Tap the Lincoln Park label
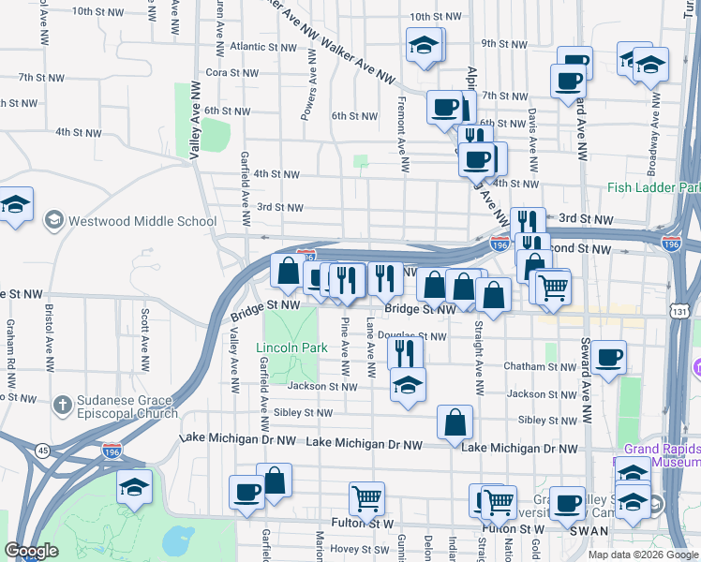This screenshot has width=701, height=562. [x=291, y=348]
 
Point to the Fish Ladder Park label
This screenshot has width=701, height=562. [x=652, y=188]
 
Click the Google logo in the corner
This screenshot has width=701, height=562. [x=31, y=551]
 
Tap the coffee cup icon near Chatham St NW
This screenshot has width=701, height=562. [x=608, y=357]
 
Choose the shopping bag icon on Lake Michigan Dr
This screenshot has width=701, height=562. [x=455, y=421]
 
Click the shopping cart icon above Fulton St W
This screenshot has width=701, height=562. [x=365, y=497]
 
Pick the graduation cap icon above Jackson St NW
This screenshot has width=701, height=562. [x=407, y=384]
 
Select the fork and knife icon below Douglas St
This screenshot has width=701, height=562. [x=404, y=352]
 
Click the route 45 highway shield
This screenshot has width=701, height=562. [x=43, y=450]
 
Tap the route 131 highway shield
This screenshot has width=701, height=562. [x=680, y=310]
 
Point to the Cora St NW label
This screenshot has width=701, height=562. [x=231, y=72]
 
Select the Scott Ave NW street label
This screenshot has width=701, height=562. [x=145, y=329]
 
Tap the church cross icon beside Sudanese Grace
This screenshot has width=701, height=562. [x=62, y=406]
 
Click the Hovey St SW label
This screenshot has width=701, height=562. [x=351, y=549]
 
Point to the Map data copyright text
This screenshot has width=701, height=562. [x=643, y=555]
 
